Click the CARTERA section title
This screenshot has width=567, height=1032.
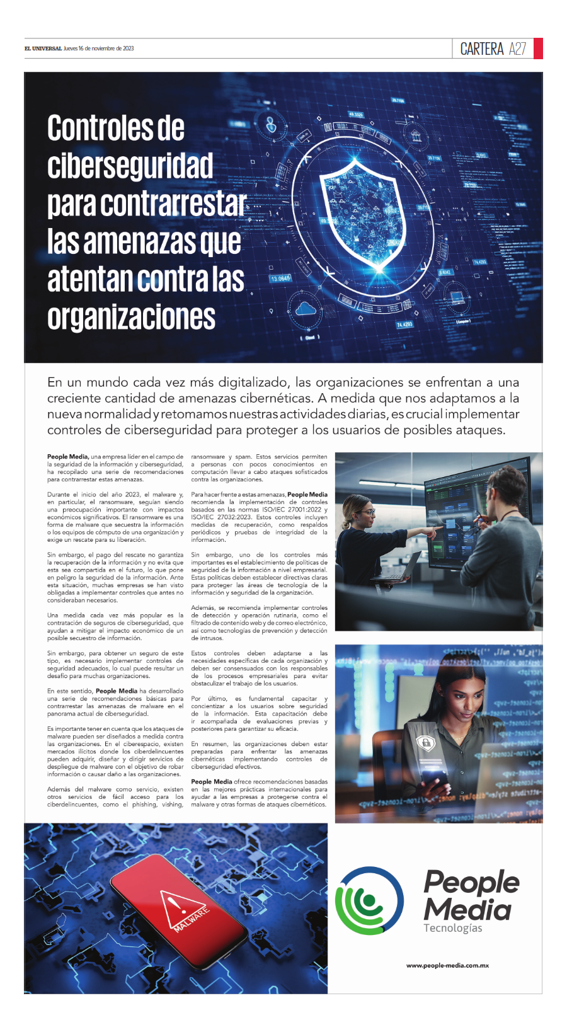tap(482, 49)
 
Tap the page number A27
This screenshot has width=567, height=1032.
tap(517, 49)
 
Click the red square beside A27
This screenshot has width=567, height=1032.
tap(538, 49)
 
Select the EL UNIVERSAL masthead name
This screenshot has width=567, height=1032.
tap(43, 49)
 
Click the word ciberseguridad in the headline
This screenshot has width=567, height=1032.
tap(130, 166)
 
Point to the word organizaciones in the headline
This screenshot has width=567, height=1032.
tap(131, 318)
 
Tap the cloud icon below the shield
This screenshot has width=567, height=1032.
tap(306, 309)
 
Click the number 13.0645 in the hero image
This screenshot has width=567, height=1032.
tap(280, 278)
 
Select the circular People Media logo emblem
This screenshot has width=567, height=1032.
tap(369, 901)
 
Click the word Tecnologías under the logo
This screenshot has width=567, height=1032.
tap(452, 928)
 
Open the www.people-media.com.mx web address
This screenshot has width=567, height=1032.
tap(447, 965)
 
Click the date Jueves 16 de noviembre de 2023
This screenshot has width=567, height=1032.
tap(99, 49)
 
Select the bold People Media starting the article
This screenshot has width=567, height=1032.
tap(67, 457)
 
